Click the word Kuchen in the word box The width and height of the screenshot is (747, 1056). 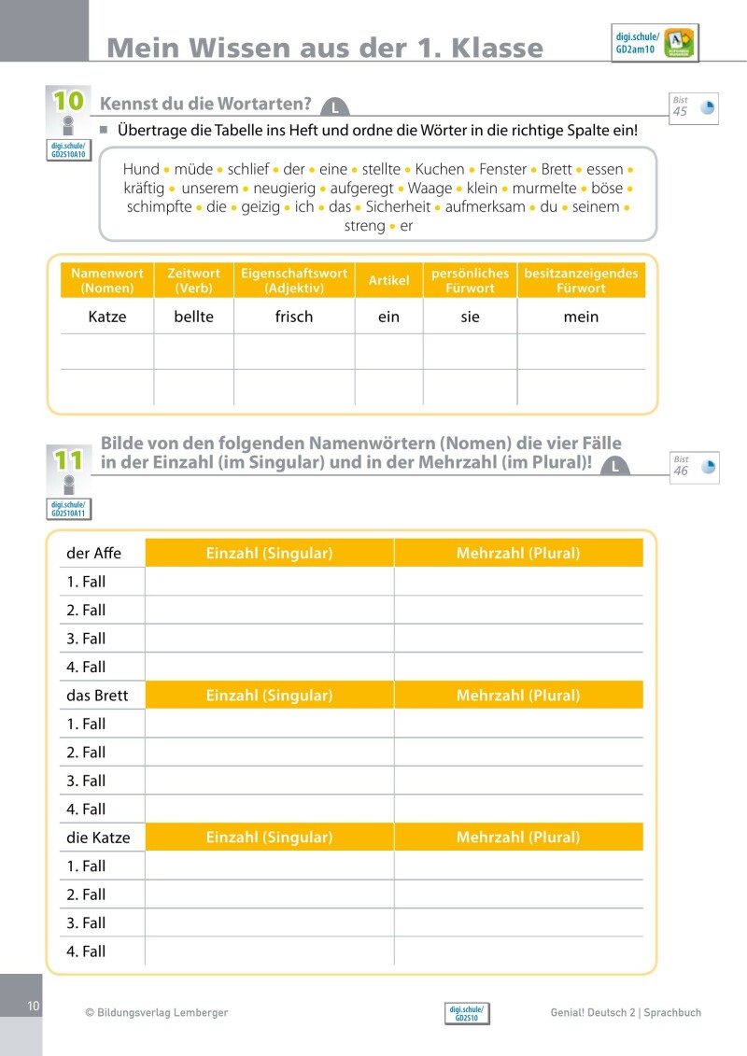coord(440,169)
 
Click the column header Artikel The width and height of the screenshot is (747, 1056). coord(388,281)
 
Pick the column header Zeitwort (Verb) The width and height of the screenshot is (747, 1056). coord(193,281)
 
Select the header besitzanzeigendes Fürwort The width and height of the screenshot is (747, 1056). coord(581,281)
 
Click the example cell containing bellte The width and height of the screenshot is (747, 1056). coord(193,317)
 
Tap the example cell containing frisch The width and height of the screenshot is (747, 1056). coord(294,317)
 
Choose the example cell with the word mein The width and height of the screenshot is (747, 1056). coord(581,317)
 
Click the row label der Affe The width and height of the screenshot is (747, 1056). coord(94,554)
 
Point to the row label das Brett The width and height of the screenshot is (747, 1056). coord(97,696)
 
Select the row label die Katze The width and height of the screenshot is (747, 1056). coord(98,838)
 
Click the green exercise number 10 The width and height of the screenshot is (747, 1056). coord(68,101)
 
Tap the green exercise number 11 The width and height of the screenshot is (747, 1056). coord(68,459)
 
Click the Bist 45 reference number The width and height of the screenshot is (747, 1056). coord(681,111)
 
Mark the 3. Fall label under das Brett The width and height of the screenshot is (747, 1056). coord(86,781)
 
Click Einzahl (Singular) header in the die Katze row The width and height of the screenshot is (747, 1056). coord(269,838)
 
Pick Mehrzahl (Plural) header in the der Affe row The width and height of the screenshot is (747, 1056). coord(518,554)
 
